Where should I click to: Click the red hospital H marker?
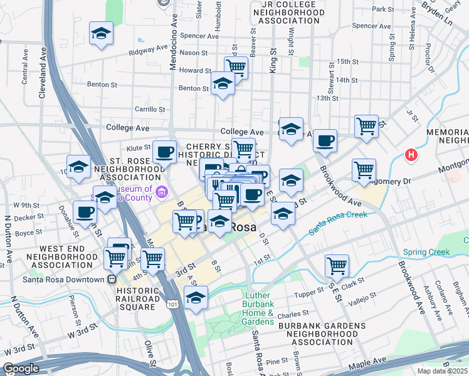tap(411, 155)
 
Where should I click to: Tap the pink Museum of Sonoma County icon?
tap(162, 191)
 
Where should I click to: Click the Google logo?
tap(21, 369)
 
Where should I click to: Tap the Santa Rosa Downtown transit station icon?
tap(112, 279)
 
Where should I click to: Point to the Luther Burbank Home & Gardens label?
tap(258, 308)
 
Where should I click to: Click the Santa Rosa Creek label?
tap(339, 223)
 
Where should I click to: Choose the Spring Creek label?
tap(426, 253)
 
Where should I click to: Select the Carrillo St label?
tap(149, 109)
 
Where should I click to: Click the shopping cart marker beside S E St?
tap(337, 266)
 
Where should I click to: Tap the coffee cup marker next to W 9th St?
tap(84, 211)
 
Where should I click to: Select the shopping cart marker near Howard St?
tap(236, 66)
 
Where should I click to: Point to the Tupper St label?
tap(308, 294)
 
